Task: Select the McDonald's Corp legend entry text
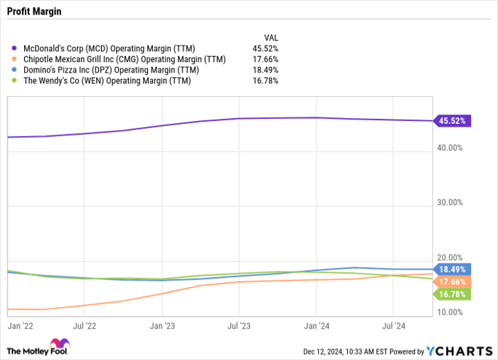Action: pos(117,48)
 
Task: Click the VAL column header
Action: pos(271,37)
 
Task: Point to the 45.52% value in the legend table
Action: pos(265,48)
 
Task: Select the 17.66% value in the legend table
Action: pos(265,59)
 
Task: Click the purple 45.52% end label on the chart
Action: pos(452,121)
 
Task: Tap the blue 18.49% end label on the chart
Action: pos(452,270)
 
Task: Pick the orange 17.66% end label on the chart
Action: pos(452,282)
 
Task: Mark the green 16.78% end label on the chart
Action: pos(452,294)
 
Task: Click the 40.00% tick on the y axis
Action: pos(450,148)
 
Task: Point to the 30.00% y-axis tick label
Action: pos(450,203)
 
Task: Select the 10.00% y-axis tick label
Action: pos(450,312)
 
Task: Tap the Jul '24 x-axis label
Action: pos(393,325)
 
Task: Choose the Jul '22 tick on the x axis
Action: pos(84,325)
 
